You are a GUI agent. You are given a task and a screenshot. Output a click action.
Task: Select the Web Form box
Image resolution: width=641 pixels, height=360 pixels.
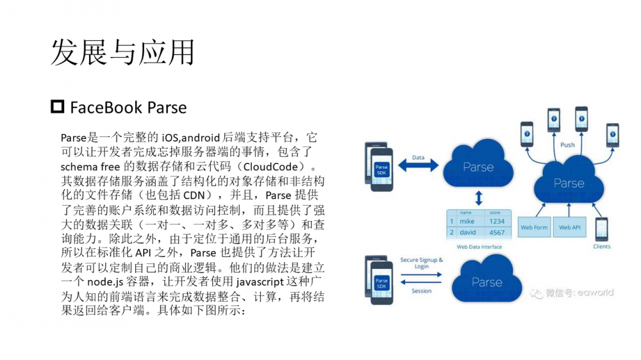point(534,227)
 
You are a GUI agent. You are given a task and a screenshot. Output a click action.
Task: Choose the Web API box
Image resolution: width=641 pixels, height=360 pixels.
point(569,227)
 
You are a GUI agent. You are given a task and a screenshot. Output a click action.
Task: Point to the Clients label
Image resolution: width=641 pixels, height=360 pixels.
point(602,247)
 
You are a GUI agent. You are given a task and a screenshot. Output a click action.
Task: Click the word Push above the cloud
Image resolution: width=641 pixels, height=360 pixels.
point(567,145)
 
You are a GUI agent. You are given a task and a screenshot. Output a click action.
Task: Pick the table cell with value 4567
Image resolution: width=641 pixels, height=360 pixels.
point(497,233)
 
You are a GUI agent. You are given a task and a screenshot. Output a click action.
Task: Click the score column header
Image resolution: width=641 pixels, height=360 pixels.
point(495,213)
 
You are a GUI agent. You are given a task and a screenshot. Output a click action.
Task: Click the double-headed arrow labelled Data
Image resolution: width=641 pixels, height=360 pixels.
point(418,166)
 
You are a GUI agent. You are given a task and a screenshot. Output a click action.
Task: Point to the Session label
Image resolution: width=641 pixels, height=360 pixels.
point(421,291)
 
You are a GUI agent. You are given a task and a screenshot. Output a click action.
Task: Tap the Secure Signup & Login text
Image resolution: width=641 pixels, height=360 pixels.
point(421,263)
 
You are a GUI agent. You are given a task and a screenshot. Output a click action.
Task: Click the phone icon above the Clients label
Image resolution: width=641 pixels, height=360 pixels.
point(602,229)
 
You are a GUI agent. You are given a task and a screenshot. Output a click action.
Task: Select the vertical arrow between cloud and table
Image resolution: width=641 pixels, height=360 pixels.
point(478,196)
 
